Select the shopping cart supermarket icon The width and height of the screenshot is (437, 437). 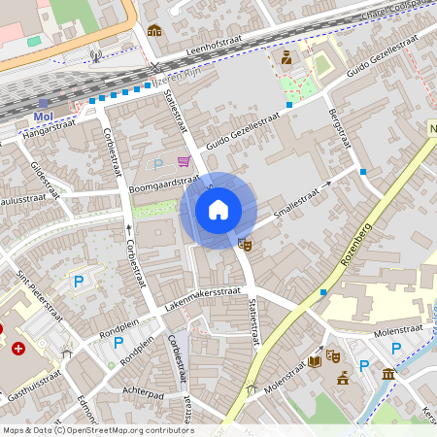point(184,162)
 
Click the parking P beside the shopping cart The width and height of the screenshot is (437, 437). point(158,164)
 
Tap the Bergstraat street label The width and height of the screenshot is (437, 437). point(340,127)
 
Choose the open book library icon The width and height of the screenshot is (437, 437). point(314,361)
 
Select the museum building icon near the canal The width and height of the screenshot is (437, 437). point(388,374)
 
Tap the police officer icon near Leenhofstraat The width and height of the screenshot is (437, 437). point(286,58)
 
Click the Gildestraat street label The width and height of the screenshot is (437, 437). point(45,179)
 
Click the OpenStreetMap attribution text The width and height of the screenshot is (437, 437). point(97,430)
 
